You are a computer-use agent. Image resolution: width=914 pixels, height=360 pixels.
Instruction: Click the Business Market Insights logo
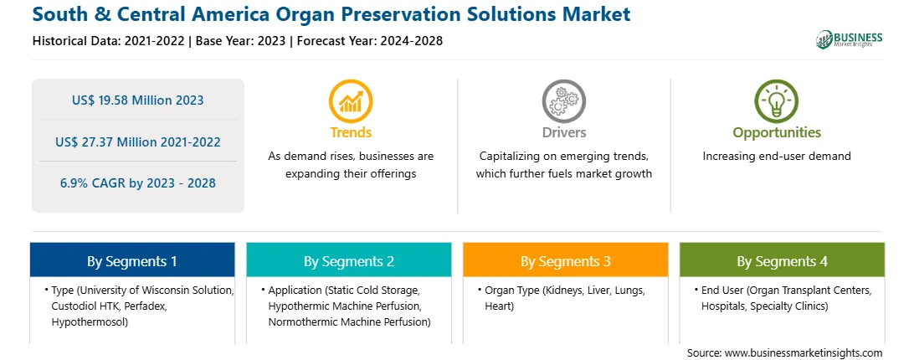(850, 39)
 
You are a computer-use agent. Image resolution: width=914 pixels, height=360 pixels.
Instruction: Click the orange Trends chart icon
(351, 101)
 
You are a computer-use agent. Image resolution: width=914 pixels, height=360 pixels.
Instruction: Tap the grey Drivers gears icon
(563, 101)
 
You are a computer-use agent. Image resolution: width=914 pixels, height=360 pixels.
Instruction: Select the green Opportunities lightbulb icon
(777, 101)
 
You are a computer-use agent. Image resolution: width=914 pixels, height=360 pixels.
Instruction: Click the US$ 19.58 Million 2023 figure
(138, 100)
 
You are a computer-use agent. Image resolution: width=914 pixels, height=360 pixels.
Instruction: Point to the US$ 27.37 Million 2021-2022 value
(138, 141)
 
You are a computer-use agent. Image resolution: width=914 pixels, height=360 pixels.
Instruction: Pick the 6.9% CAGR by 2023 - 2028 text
(138, 183)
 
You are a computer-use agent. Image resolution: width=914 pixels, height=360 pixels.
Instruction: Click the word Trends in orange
(351, 132)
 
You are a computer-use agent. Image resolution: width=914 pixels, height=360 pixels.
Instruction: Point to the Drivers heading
(563, 132)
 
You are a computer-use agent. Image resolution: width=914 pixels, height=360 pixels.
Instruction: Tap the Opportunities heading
(777, 133)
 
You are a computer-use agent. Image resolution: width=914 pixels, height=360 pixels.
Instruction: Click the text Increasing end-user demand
(777, 157)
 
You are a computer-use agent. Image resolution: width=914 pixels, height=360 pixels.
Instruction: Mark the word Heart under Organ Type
(499, 306)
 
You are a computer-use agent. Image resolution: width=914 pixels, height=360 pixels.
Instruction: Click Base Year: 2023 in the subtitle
(241, 41)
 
